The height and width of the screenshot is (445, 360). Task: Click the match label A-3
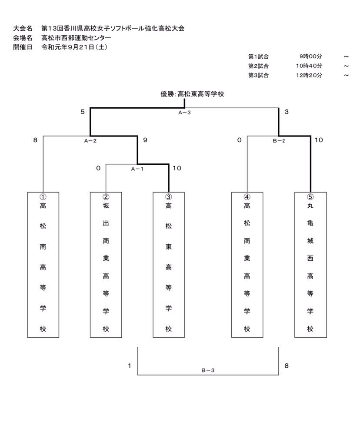[184, 112]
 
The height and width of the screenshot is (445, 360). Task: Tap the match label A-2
[90, 140]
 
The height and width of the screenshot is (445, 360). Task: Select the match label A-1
[137, 169]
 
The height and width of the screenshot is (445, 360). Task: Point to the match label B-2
[279, 140]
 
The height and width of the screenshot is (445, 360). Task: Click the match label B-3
[208, 370]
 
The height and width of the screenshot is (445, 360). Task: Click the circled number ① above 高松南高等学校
[43, 196]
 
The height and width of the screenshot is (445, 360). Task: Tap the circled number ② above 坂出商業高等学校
[106, 196]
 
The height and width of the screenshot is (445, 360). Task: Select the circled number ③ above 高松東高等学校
[169, 196]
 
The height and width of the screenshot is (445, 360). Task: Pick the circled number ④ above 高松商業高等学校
[247, 196]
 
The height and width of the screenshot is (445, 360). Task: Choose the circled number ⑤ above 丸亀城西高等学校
[310, 196]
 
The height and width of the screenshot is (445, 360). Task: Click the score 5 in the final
[82, 112]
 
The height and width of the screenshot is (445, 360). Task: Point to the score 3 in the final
[286, 112]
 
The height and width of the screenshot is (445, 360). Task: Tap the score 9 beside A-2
[145, 140]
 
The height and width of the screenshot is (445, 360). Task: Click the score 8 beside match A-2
[35, 140]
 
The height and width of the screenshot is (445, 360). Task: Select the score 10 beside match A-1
[177, 168]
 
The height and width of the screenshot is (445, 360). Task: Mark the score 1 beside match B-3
[130, 366]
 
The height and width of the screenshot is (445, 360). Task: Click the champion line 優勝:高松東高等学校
[192, 93]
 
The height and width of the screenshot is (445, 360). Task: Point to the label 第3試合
[258, 75]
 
